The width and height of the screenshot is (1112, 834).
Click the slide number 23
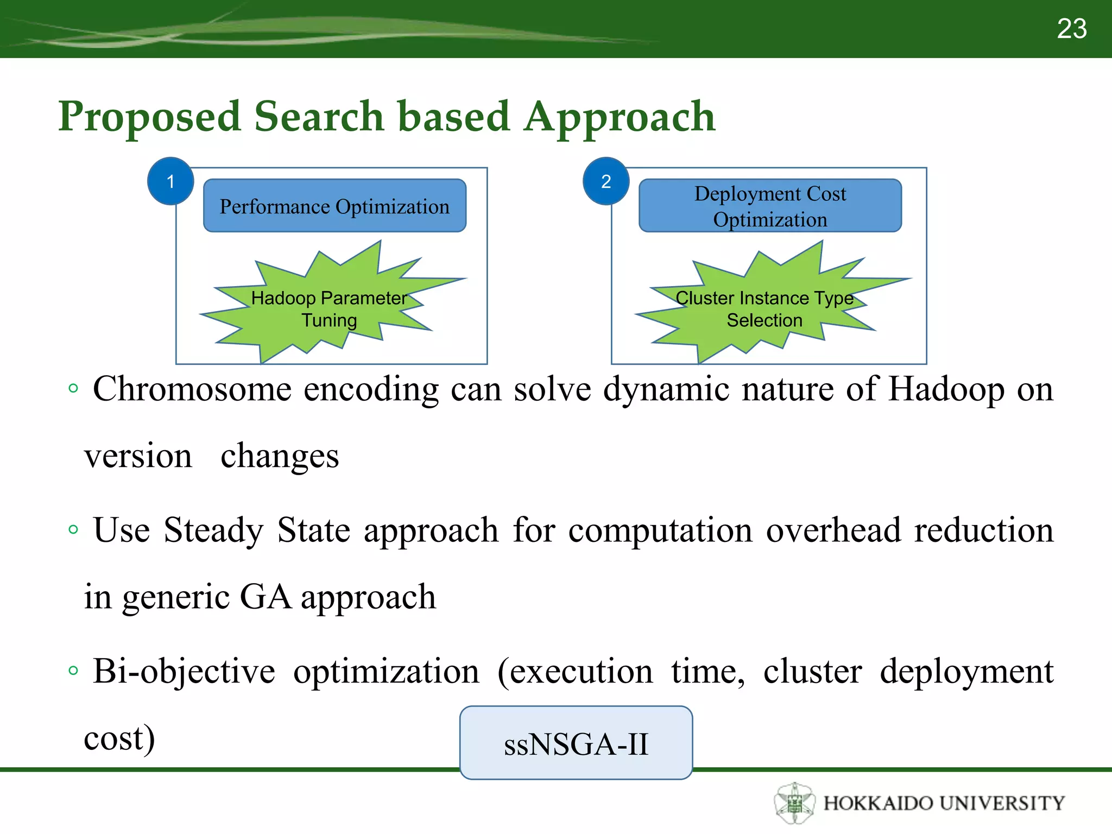[x=1071, y=29]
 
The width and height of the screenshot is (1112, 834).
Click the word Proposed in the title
[x=149, y=117]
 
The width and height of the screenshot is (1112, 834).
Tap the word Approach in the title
[x=620, y=117]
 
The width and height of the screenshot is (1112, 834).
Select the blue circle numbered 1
[x=170, y=181]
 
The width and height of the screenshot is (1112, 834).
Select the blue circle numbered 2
[x=606, y=181]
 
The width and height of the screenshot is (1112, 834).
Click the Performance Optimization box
[x=334, y=206]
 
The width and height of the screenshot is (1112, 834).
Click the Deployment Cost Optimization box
[x=770, y=206]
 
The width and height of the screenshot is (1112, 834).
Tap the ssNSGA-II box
[x=576, y=743]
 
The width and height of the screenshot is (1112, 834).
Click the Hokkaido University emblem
[x=794, y=803]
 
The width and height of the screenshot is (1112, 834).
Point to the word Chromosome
[x=192, y=389]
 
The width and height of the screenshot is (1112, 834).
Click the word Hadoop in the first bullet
[x=946, y=389]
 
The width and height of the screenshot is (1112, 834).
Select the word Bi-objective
[x=184, y=672]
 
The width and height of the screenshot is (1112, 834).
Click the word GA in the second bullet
[x=265, y=597]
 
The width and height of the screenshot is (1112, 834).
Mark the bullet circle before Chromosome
[x=73, y=388]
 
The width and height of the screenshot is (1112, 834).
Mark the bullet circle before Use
[x=73, y=529]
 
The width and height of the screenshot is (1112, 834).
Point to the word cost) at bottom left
[x=119, y=738]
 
